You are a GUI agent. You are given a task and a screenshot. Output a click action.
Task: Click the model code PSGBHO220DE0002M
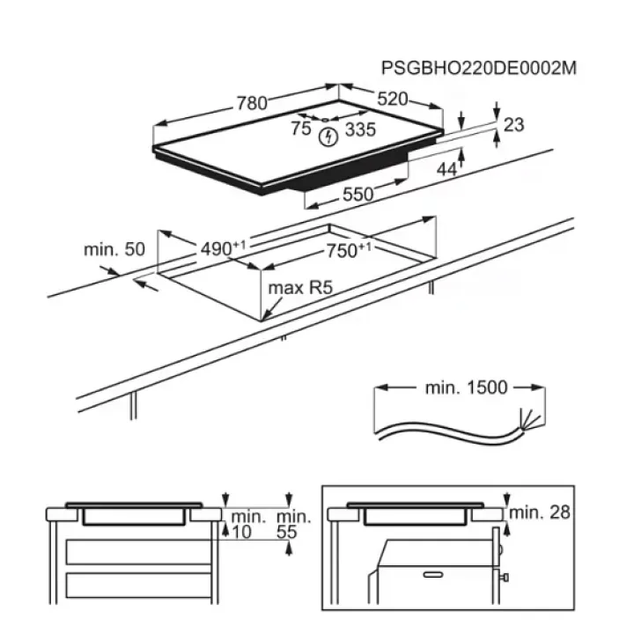pos(479,68)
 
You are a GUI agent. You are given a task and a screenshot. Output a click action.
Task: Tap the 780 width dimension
pos(252,103)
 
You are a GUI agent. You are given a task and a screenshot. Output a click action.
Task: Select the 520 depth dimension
pos(393,99)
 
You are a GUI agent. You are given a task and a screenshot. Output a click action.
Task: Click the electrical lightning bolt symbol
pos(328,137)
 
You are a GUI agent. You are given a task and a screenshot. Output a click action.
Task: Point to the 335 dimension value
pos(361,129)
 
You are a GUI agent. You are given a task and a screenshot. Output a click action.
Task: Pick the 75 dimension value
pos(301,129)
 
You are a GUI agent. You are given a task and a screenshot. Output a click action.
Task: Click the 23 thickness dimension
pos(514,124)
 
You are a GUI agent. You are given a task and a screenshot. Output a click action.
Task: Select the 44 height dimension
pos(446,170)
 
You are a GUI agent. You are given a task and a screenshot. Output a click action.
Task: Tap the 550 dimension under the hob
pos(358,195)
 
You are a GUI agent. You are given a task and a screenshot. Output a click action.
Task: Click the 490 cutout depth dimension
pos(223,247)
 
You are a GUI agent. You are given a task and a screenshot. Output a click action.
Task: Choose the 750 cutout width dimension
pos(349,250)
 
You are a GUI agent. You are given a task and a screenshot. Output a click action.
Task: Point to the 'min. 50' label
pos(114,249)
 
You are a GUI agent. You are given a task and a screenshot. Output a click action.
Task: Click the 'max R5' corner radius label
pos(300,288)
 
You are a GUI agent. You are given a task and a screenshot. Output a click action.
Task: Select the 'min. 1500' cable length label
pos(466,387)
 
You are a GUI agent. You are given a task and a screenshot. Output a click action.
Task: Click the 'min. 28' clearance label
pos(540,512)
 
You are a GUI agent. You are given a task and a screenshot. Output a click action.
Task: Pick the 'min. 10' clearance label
pos(247,525)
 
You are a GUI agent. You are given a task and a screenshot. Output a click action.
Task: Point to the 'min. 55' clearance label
pos(293,525)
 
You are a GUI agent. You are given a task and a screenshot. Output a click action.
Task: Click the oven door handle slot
pos(433,574)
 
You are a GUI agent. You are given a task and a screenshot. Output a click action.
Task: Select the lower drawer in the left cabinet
pos(138,585)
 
